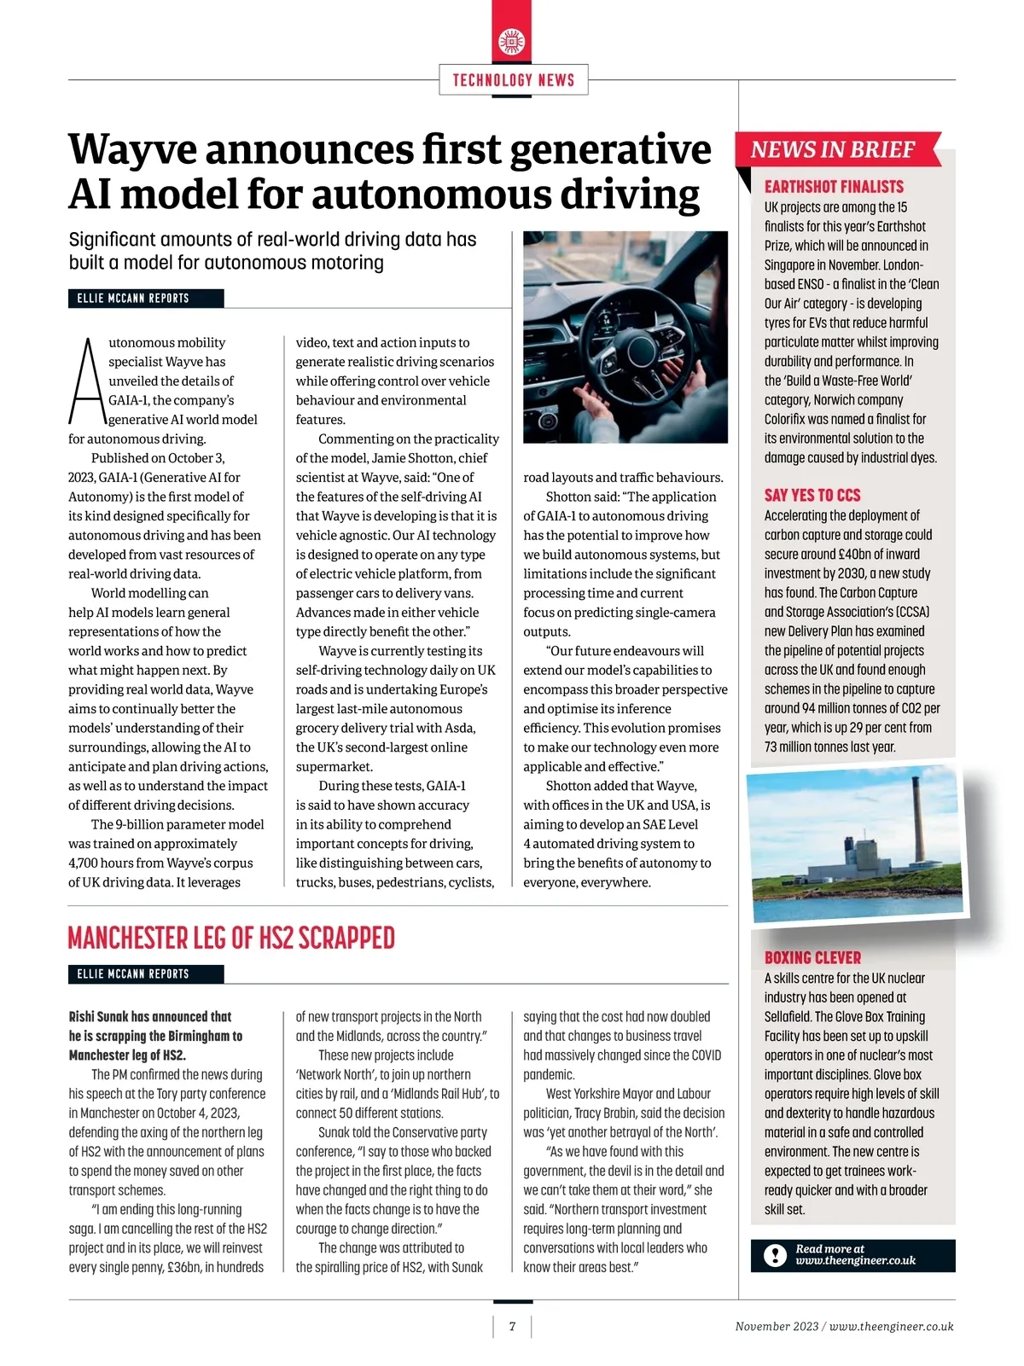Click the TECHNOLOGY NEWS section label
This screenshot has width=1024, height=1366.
point(513,80)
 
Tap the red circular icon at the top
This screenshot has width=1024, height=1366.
point(512,42)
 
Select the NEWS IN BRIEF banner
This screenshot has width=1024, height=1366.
point(833,150)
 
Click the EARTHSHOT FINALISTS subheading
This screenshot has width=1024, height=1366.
point(833,187)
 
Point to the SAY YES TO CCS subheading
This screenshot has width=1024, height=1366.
point(812,495)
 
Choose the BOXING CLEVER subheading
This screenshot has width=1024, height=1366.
point(812,957)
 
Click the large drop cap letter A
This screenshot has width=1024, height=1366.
point(86,383)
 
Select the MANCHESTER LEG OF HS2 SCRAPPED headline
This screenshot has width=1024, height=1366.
point(231,939)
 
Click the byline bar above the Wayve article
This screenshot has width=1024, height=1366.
point(146,298)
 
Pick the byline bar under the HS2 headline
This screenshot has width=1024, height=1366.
point(146,974)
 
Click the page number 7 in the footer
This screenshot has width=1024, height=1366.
point(512,1326)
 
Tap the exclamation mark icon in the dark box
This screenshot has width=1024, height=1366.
point(775,1255)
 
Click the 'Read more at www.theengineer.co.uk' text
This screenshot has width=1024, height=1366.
point(855,1254)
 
